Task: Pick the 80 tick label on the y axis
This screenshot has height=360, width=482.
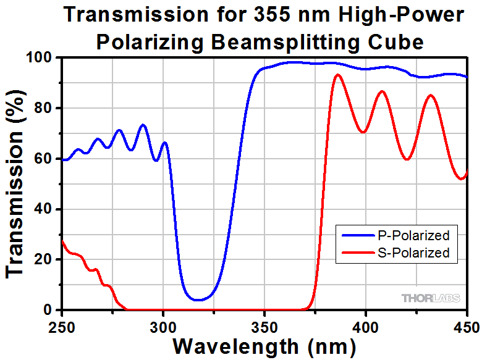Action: click(x=44, y=108)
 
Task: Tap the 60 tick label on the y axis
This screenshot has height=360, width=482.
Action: click(x=44, y=159)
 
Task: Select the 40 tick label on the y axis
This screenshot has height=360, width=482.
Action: click(x=44, y=209)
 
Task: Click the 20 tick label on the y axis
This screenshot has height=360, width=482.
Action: click(x=44, y=260)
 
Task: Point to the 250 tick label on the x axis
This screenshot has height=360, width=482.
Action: click(x=62, y=324)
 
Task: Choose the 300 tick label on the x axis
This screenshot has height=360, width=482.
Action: click(x=163, y=324)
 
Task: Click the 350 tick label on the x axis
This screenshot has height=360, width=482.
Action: click(x=264, y=324)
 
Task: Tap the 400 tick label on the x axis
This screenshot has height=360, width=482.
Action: click(x=366, y=324)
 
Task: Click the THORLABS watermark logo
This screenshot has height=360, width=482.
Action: click(x=431, y=298)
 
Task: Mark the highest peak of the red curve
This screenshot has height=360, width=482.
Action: click(x=337, y=75)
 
